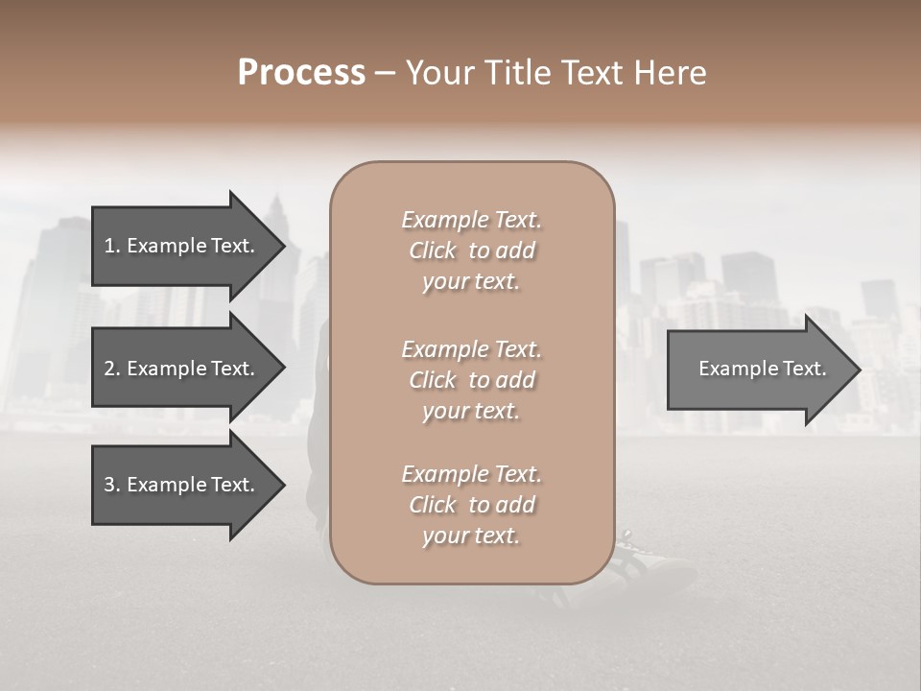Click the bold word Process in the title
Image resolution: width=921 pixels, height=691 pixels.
(301, 73)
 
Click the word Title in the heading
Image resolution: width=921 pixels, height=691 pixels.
(519, 73)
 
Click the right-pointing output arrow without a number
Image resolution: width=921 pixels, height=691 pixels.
(758, 369)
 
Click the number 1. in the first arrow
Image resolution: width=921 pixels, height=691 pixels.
(111, 246)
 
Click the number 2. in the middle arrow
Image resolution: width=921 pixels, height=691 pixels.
(111, 369)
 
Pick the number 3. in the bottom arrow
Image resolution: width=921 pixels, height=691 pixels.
(111, 485)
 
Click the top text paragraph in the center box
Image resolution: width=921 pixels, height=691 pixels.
(471, 250)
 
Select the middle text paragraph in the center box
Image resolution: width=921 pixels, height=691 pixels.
(471, 380)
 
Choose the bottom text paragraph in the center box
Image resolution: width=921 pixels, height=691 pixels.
(471, 505)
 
